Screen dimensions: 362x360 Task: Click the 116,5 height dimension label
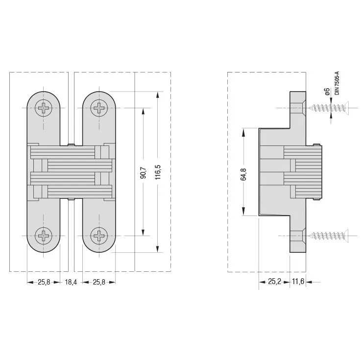tap(158, 172)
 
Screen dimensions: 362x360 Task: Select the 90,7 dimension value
tap(143, 172)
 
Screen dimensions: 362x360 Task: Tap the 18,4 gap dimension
tap(71, 282)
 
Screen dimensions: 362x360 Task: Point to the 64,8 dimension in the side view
tap(243, 174)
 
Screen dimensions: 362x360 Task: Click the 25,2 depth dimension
tap(274, 282)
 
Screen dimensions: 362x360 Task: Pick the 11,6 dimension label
tap(298, 282)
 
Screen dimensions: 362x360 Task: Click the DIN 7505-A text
tap(338, 83)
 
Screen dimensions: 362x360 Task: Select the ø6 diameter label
tap(327, 92)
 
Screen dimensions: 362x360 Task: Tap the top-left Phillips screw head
tap(44, 108)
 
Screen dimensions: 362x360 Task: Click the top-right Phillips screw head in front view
tap(99, 108)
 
